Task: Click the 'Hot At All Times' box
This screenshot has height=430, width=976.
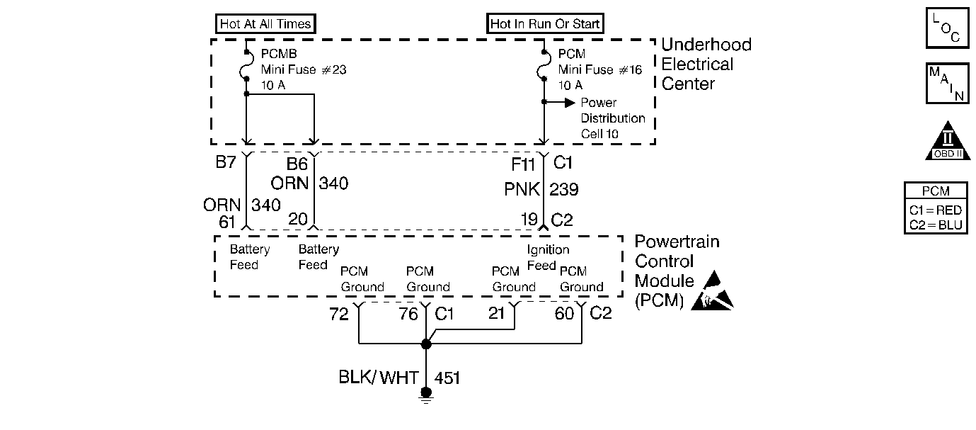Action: coord(265,23)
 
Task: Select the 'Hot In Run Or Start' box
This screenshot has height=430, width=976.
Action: coord(545,23)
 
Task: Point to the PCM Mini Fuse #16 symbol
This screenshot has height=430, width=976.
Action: coord(544,65)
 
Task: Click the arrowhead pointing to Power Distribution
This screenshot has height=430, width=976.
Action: coord(570,103)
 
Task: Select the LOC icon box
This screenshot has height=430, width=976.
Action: coord(947,28)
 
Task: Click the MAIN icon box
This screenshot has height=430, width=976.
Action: coord(947,84)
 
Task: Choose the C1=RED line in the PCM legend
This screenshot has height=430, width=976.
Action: coord(936,210)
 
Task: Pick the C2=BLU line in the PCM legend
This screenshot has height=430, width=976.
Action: coord(936,225)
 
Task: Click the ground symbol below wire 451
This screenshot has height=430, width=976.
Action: coord(426,395)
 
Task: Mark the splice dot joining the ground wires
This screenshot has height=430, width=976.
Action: coord(426,344)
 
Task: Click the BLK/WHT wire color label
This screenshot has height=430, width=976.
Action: coord(378,378)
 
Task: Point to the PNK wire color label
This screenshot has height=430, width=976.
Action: coord(522,189)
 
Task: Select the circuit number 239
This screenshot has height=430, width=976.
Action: coord(564,189)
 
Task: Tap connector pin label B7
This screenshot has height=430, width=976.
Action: coord(226,162)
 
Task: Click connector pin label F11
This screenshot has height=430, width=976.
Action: coord(523,164)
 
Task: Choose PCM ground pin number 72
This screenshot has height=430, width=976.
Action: coord(339,314)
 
